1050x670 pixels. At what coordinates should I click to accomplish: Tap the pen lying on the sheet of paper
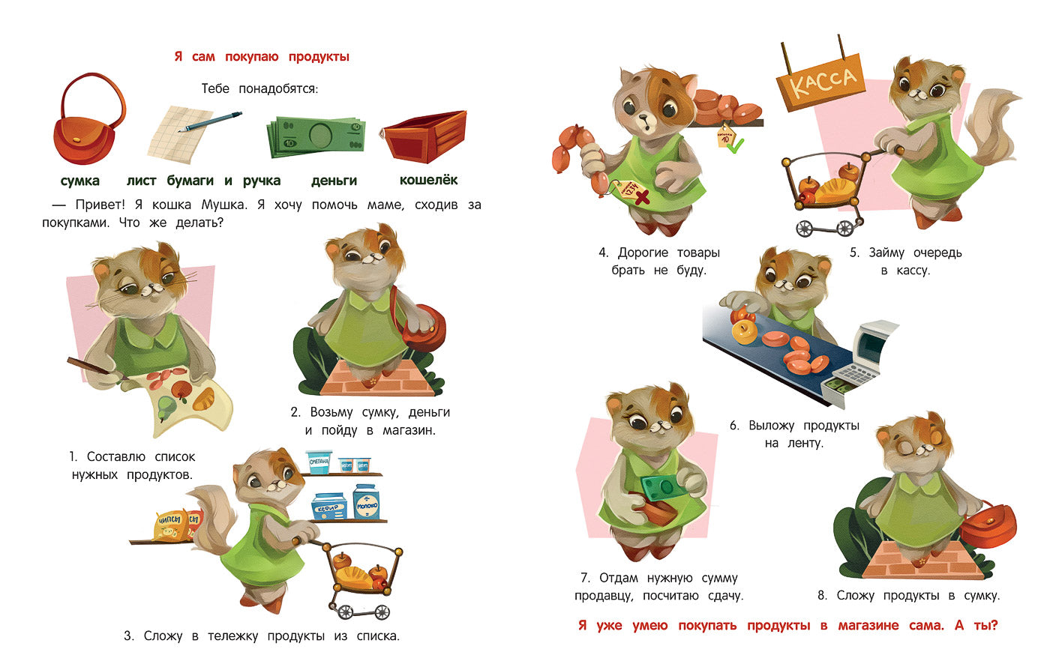click(x=211, y=122)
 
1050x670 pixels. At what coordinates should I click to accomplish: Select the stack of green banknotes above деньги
click(x=316, y=136)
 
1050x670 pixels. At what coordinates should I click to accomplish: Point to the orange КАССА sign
click(x=821, y=83)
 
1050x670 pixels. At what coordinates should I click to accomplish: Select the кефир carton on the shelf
click(x=328, y=507)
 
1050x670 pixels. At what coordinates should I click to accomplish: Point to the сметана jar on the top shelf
click(x=319, y=462)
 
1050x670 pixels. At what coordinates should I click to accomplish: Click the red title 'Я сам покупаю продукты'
click(x=262, y=57)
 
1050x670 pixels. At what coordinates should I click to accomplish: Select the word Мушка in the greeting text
click(x=223, y=205)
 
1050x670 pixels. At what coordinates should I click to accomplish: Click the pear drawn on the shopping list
click(x=166, y=405)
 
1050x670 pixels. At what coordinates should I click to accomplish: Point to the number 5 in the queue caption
click(x=853, y=253)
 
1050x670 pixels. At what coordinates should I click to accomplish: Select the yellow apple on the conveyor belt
click(x=745, y=332)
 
